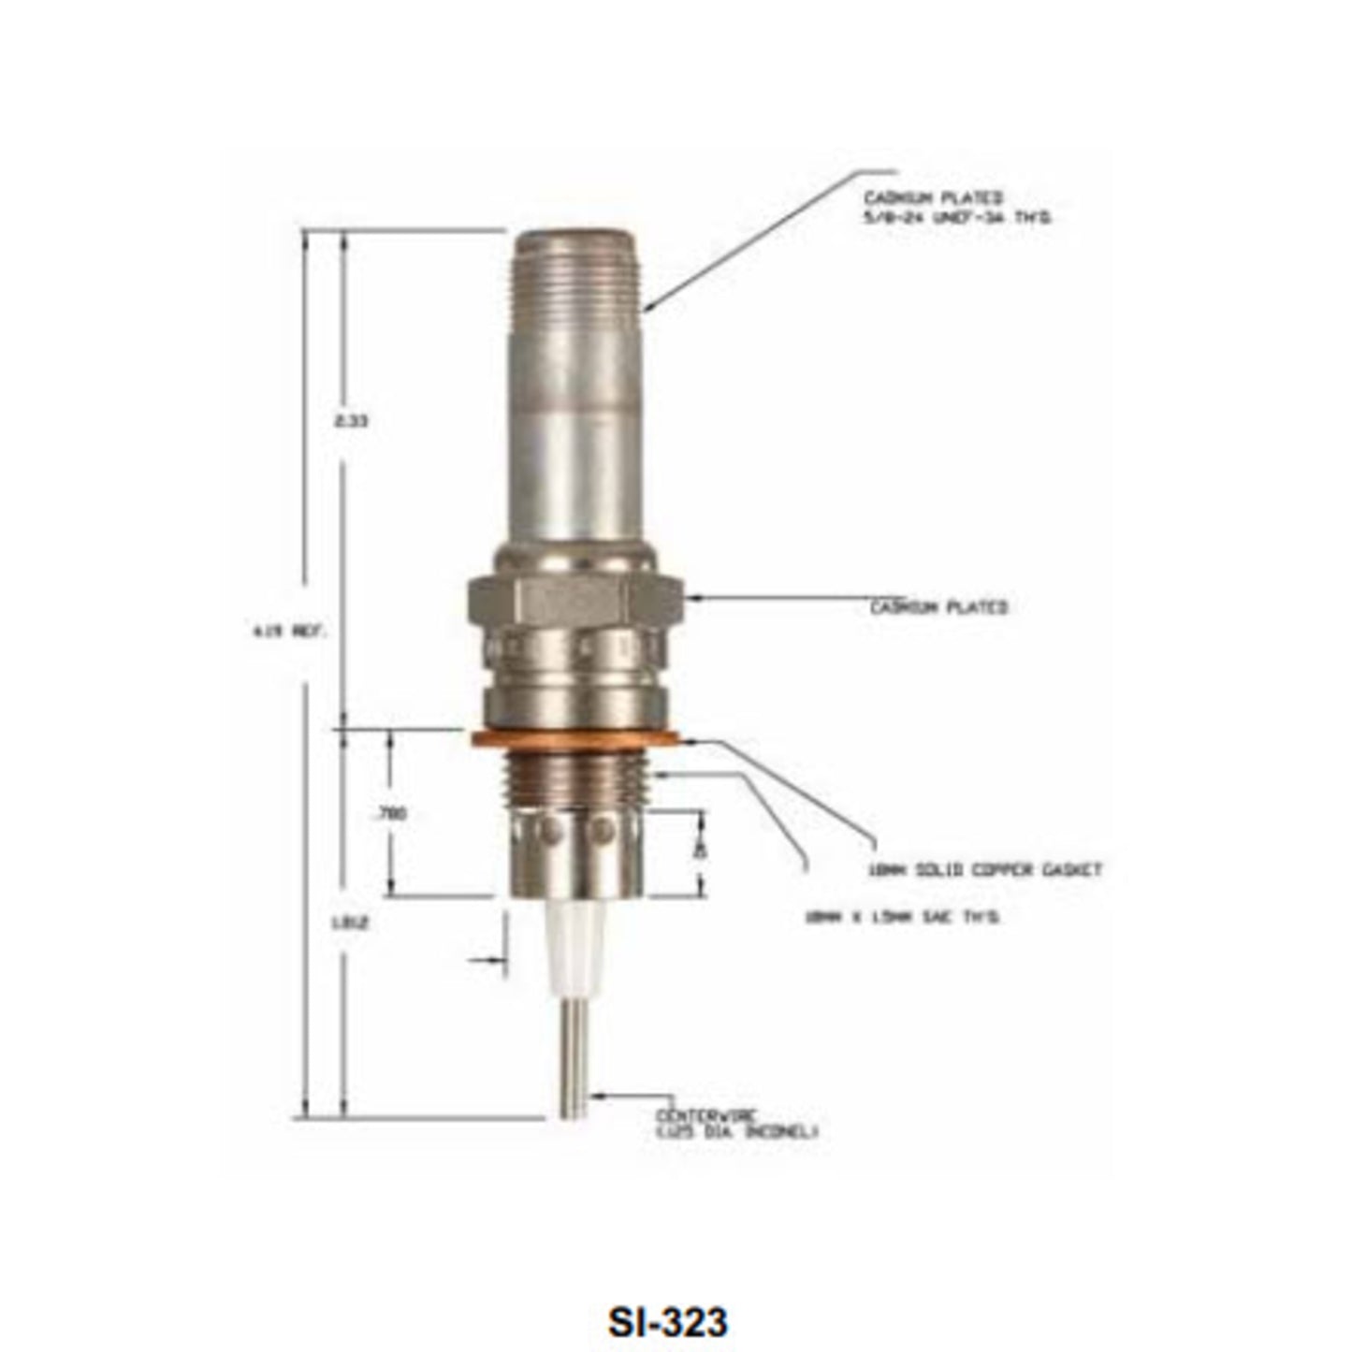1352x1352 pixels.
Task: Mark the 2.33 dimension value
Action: click(x=352, y=421)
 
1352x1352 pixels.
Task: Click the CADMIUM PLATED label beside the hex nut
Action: click(x=938, y=607)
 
